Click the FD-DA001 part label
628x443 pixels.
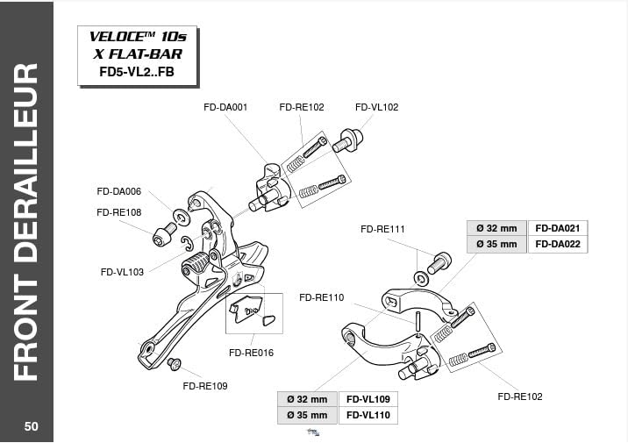point(225,107)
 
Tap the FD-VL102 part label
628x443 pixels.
point(376,107)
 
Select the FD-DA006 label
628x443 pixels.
point(119,191)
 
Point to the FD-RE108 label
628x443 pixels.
point(119,212)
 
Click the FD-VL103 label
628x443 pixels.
point(122,272)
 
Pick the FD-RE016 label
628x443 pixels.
point(251,353)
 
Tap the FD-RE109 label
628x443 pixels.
point(205,386)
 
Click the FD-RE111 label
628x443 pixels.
point(382,229)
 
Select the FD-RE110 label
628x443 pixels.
point(321,297)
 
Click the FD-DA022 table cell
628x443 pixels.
point(557,244)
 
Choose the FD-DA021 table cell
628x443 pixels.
point(557,227)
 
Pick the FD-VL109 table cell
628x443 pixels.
point(368,398)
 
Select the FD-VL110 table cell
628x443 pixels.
point(368,415)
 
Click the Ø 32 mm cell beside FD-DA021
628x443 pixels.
point(496,227)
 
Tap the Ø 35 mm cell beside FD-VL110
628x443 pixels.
point(307,415)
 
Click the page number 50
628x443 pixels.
point(31,426)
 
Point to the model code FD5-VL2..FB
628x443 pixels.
point(137,71)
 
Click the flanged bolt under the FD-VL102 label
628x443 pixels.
point(346,140)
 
